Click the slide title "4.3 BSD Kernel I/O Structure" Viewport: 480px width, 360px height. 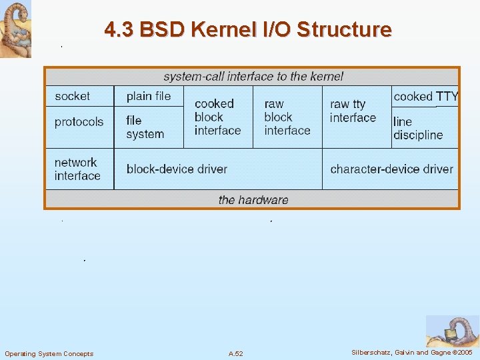coord(248,30)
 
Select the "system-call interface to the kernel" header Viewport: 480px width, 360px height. coord(253,76)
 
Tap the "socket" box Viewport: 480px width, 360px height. coord(73,96)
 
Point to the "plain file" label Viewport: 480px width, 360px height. coord(149,96)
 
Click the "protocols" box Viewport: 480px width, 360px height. coord(79,122)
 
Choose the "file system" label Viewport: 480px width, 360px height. coord(145,127)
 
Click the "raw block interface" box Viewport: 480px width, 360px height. coord(287,117)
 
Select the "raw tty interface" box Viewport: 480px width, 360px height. coord(353,111)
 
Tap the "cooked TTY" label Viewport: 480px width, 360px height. coord(426,97)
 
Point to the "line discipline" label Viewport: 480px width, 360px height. coord(418,128)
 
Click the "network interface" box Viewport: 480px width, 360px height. coord(77,169)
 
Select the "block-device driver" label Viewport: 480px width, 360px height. coord(177,169)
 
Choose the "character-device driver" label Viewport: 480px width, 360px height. coord(391,169)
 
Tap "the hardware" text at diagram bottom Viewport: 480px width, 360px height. coord(253,200)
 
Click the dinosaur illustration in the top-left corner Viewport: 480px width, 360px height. coord(15,29)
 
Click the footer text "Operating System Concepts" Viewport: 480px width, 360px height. coord(49,353)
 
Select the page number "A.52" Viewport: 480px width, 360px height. coord(235,353)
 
